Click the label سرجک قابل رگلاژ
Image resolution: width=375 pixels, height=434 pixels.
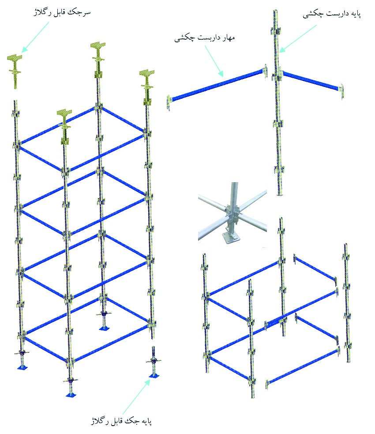(x=62, y=13)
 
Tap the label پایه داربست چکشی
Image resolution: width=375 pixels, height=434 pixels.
(x=331, y=14)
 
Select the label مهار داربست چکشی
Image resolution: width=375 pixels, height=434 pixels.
(x=204, y=37)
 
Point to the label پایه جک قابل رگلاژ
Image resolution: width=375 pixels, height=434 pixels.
(x=121, y=421)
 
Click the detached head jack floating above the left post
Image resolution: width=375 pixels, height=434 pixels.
(x=15, y=71)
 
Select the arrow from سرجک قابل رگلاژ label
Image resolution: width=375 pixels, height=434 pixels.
(x=35, y=37)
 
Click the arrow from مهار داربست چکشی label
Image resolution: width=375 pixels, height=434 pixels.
(x=214, y=60)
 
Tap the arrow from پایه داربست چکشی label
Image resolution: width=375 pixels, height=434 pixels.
(x=297, y=39)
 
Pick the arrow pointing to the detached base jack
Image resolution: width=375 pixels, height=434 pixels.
(x=136, y=397)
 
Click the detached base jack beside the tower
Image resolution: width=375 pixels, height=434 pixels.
(x=153, y=362)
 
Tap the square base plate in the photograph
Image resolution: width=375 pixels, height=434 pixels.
(x=229, y=238)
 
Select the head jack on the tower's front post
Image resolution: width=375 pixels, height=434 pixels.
(x=64, y=127)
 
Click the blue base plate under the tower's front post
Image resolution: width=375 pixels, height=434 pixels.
(x=71, y=394)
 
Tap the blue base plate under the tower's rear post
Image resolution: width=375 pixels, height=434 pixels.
(x=104, y=328)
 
